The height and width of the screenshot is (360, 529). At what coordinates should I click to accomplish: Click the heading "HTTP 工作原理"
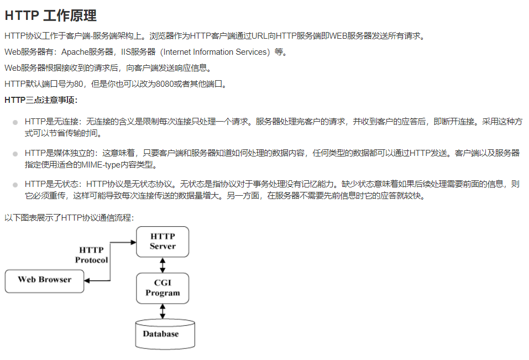click(x=50, y=15)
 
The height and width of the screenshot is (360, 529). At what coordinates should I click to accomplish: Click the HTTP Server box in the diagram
click(x=163, y=242)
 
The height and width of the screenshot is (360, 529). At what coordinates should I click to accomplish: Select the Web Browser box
click(x=44, y=280)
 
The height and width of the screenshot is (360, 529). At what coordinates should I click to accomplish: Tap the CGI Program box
click(x=163, y=288)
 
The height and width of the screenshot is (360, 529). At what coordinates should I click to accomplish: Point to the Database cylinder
click(x=165, y=333)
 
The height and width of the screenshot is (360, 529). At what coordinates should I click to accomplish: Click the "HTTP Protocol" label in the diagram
click(x=91, y=255)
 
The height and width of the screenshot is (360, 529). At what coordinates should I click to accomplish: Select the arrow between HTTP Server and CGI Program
click(x=163, y=265)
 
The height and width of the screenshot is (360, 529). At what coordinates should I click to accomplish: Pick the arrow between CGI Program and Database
click(x=163, y=311)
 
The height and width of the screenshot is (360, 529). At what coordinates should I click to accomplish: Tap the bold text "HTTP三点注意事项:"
click(x=41, y=100)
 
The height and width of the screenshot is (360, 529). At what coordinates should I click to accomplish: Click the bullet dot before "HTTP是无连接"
click(x=15, y=122)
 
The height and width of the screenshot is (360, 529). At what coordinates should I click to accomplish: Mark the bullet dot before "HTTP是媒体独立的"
click(x=15, y=153)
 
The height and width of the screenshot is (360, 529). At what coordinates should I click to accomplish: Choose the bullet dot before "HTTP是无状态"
click(x=15, y=185)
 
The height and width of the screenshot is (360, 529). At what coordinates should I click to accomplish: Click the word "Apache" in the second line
click(x=74, y=52)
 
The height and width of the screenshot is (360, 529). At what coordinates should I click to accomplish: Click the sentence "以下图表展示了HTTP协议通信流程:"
click(x=69, y=218)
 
